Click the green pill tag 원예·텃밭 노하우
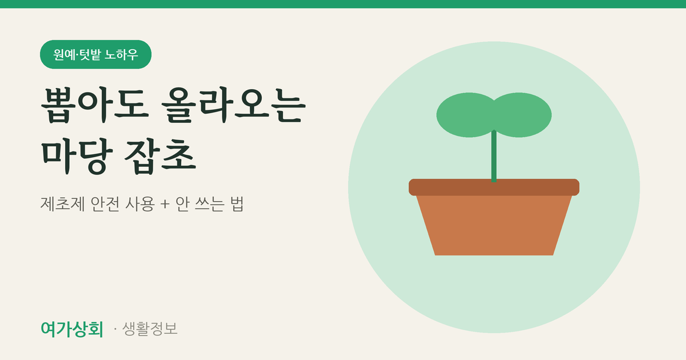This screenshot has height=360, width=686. click(x=95, y=54)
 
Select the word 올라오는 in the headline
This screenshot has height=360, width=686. click(x=233, y=105)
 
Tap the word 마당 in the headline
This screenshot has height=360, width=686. click(x=77, y=157)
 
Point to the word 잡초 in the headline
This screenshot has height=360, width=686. click(x=160, y=157)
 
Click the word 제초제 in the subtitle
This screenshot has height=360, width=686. click(x=62, y=203)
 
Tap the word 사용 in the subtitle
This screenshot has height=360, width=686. click(x=139, y=203)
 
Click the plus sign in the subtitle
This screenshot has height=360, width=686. click(x=165, y=204)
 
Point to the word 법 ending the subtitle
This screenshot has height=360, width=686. click(x=237, y=203)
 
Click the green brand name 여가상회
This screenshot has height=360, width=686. click(x=72, y=329)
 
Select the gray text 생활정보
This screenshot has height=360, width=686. click(x=150, y=329)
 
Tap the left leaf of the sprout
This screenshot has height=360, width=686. click(x=465, y=115)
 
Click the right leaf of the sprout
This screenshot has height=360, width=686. click(x=523, y=115)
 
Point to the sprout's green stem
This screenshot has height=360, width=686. click(x=494, y=156)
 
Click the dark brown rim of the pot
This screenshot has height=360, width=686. click(x=494, y=187)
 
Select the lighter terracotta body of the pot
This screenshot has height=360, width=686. click(x=494, y=225)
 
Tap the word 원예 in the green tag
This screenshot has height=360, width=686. click(x=64, y=54)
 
